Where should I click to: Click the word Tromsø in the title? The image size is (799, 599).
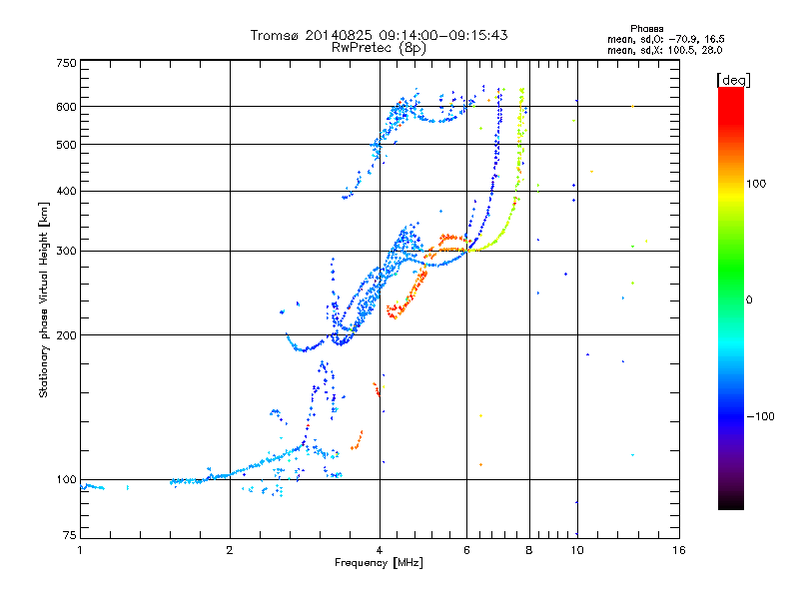(x=274, y=35)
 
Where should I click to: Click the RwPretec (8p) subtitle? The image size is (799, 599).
(x=379, y=48)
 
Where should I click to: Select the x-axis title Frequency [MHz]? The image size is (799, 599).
(x=379, y=563)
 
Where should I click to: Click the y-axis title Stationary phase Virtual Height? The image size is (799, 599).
(x=43, y=299)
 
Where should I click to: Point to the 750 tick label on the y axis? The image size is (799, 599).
(x=66, y=63)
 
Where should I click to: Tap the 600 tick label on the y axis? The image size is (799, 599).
(x=66, y=107)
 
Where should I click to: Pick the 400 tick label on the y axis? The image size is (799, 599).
(x=66, y=191)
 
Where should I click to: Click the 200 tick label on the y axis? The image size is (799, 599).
(x=66, y=335)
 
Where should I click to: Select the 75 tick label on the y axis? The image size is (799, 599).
(x=70, y=535)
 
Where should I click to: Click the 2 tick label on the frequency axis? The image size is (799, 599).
(x=230, y=550)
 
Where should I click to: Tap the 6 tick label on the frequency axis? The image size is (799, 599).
(x=466, y=550)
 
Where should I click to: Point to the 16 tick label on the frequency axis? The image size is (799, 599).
(x=679, y=550)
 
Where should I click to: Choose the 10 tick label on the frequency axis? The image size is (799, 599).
(x=577, y=550)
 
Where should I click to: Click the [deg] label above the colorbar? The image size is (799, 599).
(x=733, y=81)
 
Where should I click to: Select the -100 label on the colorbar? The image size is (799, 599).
(x=761, y=416)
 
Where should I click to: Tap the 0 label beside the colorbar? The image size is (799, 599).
(x=749, y=300)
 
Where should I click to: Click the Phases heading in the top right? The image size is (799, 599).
(x=646, y=29)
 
